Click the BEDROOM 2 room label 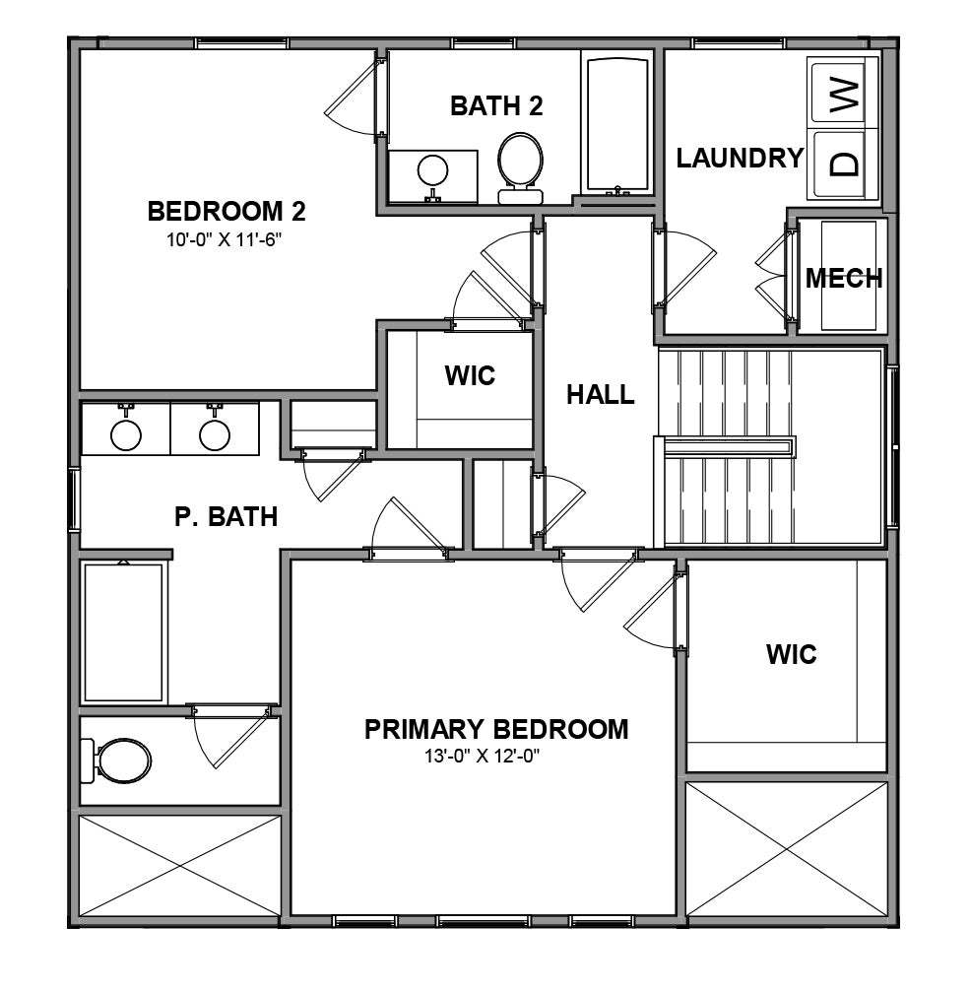pos(226,212)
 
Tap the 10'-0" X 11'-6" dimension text pos(226,238)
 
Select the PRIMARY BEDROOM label pos(495,730)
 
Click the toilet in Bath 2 pos(519,163)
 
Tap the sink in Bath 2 pos(432,172)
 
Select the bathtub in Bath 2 pos(616,125)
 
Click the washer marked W pos(844,96)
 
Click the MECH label pos(843,279)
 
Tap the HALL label pos(600,396)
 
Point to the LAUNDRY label pos(739,159)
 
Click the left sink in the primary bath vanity pos(126,433)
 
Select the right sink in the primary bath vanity pos(215,433)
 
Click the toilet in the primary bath pos(118,760)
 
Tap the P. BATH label pos(226,516)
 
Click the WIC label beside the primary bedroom pos(791,654)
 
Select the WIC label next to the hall pos(469,375)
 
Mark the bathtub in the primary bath pos(123,631)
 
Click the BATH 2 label pos(496,106)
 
